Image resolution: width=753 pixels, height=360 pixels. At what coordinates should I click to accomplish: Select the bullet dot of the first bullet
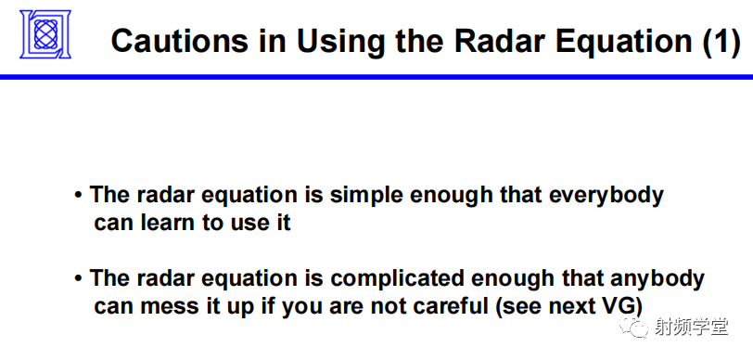pyautogui.click(x=79, y=197)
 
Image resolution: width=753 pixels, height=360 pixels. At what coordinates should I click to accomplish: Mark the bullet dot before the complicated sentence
pyautogui.click(x=79, y=279)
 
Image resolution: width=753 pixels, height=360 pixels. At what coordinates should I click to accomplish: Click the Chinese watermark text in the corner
pyautogui.click(x=691, y=327)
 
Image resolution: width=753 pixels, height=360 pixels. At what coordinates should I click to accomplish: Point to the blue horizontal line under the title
pyautogui.click(x=376, y=77)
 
